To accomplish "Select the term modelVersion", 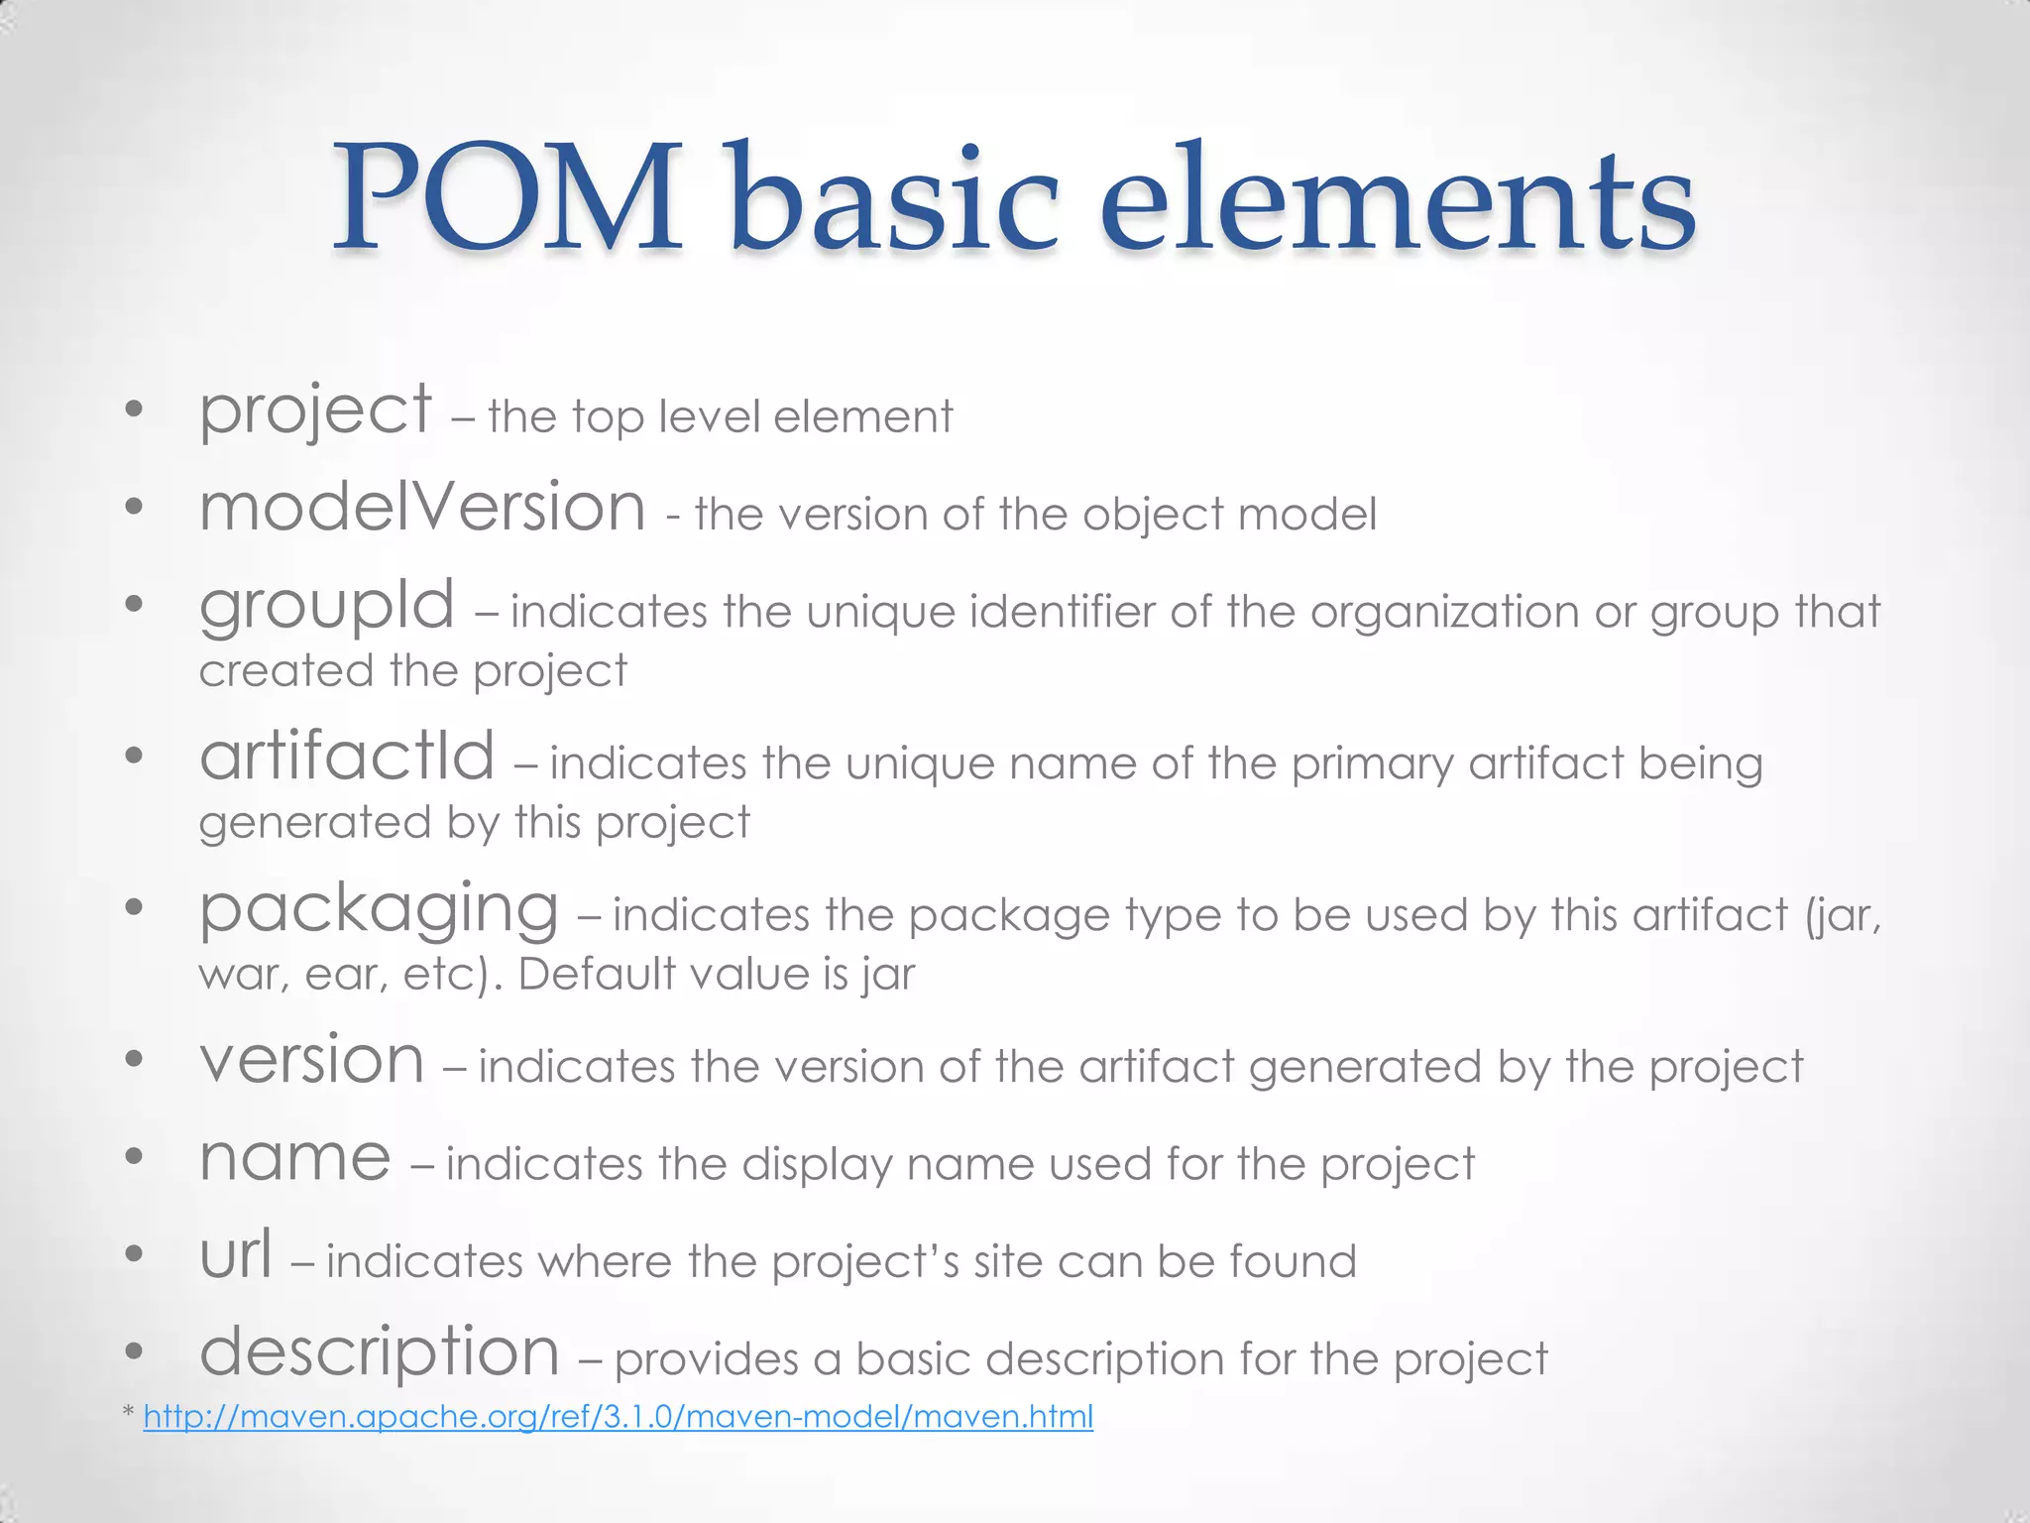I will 422,507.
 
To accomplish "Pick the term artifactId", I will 347,757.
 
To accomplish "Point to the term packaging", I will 379,909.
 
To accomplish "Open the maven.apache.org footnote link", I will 619,1416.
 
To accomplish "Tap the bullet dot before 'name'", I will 135,1157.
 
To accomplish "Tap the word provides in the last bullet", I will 706,1359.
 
